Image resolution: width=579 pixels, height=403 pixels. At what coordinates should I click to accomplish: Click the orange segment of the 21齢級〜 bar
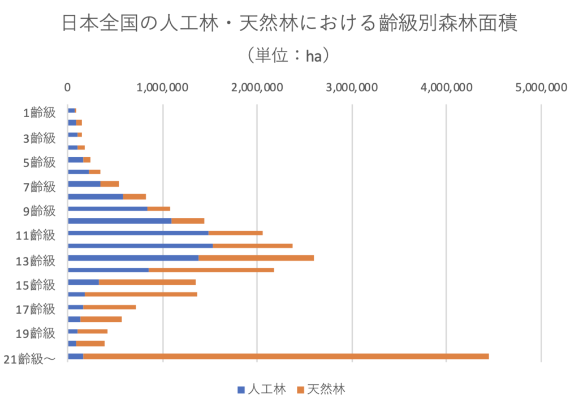pyautogui.click(x=286, y=356)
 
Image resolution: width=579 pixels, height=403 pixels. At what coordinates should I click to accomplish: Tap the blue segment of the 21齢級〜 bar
pyautogui.click(x=75, y=356)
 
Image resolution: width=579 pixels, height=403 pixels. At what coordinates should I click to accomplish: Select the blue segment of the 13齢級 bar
pyautogui.click(x=133, y=258)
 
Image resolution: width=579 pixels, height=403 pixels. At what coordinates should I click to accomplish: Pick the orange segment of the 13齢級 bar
pyautogui.click(x=256, y=258)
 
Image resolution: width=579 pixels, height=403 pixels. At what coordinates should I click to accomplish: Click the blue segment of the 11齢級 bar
pyautogui.click(x=138, y=233)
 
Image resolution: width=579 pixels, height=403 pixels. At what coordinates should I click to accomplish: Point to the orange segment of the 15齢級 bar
pyautogui.click(x=147, y=282)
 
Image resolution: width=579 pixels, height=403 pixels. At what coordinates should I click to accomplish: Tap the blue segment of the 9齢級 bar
pyautogui.click(x=107, y=208)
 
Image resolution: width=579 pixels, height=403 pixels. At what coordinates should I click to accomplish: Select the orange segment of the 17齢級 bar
pyautogui.click(x=109, y=307)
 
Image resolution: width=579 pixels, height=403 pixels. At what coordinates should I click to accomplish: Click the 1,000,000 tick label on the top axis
pyautogui.click(x=163, y=88)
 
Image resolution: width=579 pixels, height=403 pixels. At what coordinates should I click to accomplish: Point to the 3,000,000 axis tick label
pyautogui.click(x=352, y=88)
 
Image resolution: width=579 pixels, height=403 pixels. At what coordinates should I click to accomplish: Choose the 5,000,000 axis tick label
pyautogui.click(x=541, y=88)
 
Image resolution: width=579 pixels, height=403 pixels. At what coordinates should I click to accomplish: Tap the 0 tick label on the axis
pyautogui.click(x=68, y=88)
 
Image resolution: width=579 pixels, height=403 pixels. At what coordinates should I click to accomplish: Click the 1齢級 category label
pyautogui.click(x=39, y=112)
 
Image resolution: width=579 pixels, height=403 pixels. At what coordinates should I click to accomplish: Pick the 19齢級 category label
pyautogui.click(x=36, y=333)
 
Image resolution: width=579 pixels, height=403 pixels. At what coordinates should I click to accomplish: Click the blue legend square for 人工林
pyautogui.click(x=241, y=389)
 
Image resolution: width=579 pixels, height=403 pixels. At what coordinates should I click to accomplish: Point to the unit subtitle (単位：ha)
pyautogui.click(x=288, y=55)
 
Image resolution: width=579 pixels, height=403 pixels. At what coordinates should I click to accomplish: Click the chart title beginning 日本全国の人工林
pyautogui.click(x=289, y=23)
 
